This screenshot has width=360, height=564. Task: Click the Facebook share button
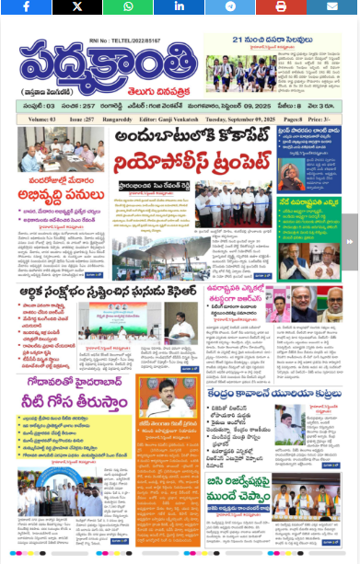25,6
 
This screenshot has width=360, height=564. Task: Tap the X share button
76,6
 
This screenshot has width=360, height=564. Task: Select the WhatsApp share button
128,6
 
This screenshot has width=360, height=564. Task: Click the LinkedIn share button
180,6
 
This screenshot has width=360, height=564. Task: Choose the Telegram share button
231,6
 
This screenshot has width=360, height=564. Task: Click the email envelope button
332,6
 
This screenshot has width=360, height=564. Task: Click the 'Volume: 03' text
42,119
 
